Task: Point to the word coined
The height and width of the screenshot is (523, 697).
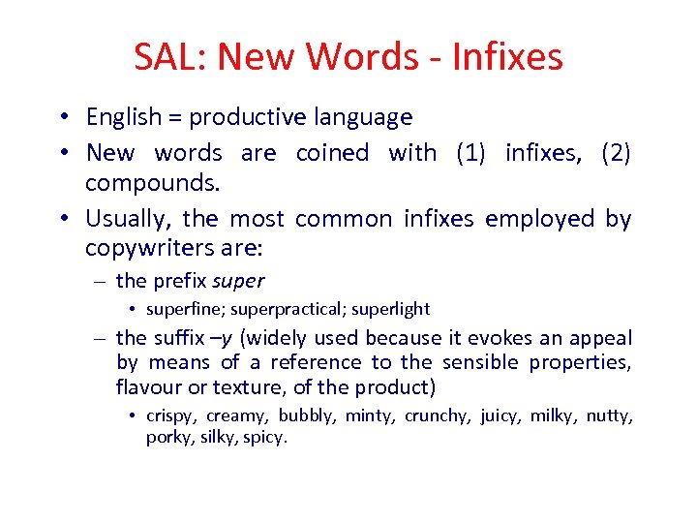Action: point(332,153)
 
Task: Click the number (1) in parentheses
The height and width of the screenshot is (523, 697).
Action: point(470,153)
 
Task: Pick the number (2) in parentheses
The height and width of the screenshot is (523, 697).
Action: point(616,153)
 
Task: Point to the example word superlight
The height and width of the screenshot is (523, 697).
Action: point(391,310)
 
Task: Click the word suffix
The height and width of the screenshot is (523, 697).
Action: point(177,338)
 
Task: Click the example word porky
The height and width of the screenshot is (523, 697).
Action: point(168,438)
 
